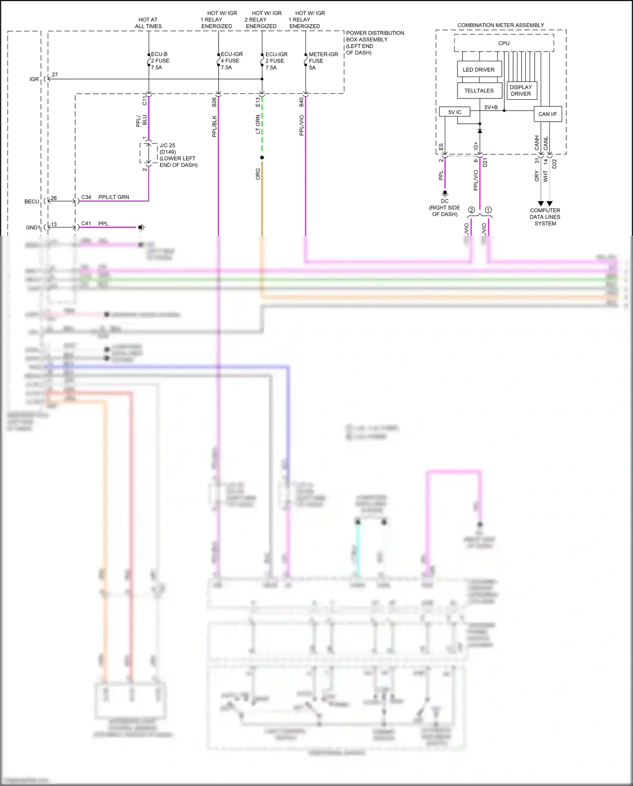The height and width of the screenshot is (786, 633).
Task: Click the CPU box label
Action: pos(503,44)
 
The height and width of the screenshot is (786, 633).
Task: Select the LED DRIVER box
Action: pos(479,70)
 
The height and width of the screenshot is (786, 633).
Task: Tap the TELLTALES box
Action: pos(479,91)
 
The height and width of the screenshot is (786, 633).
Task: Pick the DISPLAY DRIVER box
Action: pos(521,91)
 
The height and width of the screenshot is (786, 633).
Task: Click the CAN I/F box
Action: pos(547,114)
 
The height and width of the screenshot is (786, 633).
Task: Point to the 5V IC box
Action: pos(454,112)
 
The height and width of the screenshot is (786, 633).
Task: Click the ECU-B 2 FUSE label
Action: pos(160,61)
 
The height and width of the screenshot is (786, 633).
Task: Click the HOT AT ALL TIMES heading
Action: pos(148,23)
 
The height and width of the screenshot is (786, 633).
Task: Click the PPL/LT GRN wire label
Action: pos(114,197)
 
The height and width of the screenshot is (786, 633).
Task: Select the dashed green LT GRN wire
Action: pos(262,127)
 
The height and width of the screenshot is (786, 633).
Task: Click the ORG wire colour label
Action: pos(258,174)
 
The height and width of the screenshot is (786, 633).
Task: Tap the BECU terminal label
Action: pos(32,201)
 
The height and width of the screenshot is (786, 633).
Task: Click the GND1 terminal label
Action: pos(33,228)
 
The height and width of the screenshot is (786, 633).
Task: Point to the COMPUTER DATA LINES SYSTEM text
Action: pos(545,217)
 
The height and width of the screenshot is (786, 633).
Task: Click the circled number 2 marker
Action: pos(471,210)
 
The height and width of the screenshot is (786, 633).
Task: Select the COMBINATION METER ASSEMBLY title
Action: pos(500,25)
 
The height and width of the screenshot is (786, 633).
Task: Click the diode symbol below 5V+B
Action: pos(480,131)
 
